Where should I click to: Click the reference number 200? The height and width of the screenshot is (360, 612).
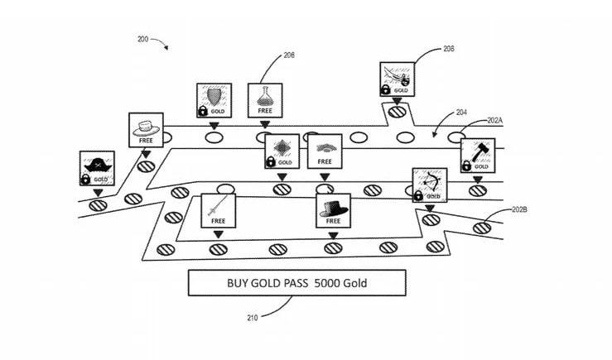click(142, 40)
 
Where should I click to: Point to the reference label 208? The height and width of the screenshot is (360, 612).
click(448, 50)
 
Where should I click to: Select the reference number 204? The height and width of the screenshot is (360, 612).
click(460, 113)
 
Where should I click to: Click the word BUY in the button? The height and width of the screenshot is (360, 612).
click(239, 283)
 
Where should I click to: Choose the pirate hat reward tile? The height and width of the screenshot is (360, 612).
click(98, 168)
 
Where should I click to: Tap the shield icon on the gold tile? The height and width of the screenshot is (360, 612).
click(214, 95)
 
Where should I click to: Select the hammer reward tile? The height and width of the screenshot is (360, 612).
click(478, 155)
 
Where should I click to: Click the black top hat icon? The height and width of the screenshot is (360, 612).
click(333, 207)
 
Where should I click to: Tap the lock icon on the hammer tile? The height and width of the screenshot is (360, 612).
click(467, 166)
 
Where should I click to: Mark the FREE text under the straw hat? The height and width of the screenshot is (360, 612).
click(146, 140)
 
